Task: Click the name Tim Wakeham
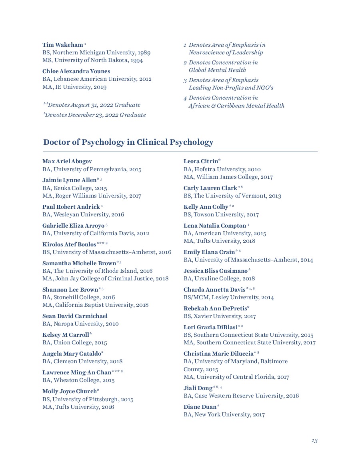coord(63,45)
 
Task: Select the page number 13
coord(314,440)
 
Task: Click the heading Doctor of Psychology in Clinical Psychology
coord(128,142)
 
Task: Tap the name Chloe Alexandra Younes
coord(76,71)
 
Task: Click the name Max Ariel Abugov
coord(67,161)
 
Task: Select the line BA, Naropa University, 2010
coord(80,324)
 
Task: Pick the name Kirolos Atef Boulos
coord(69,244)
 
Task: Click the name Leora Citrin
coord(201,161)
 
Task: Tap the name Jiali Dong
coord(198,388)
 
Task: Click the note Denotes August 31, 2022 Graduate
coord(92,105)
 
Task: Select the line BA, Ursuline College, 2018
coord(219,278)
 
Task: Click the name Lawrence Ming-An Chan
coord(77,372)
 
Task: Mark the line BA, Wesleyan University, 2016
coord(83,214)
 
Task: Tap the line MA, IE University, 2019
coord(74,87)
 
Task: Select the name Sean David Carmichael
coord(75,316)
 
